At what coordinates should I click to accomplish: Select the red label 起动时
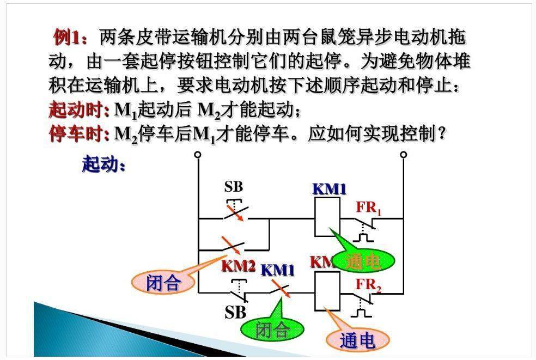[x=78, y=111]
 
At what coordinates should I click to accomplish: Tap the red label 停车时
[x=78, y=134]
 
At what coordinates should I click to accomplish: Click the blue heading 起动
[x=103, y=164]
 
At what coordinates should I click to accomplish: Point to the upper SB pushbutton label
[x=234, y=187]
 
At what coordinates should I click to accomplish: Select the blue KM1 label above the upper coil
[x=329, y=189]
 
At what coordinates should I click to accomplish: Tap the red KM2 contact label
[x=238, y=267]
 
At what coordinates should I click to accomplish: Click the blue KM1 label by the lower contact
[x=277, y=270]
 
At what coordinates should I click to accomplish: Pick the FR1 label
[x=369, y=208]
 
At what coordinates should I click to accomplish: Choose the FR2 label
[x=369, y=284]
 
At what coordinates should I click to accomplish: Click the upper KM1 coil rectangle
[x=327, y=216]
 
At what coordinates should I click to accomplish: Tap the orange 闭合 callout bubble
[x=163, y=283]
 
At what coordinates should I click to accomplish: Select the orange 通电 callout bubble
[x=357, y=341]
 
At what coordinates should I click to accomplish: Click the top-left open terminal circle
[x=198, y=155]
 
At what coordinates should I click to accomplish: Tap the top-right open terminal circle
[x=403, y=155]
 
